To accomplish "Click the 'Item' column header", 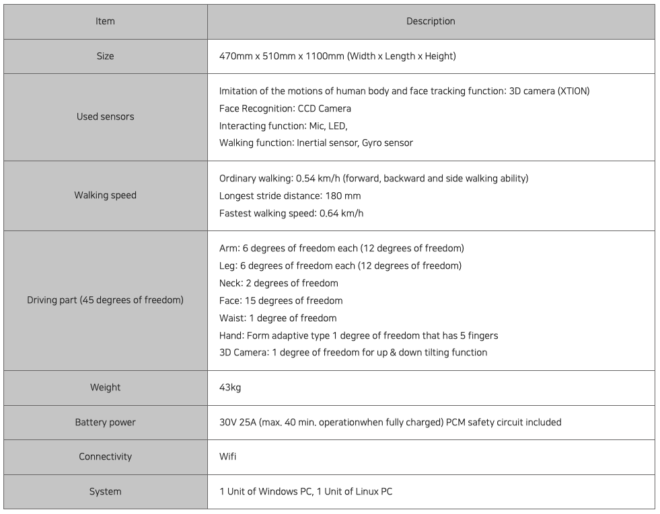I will (105, 22).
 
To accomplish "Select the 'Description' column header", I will (431, 22).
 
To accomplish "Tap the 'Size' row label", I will (105, 56).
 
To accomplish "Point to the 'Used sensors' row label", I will (105, 117).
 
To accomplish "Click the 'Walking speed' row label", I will (105, 196).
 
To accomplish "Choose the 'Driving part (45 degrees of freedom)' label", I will (105, 300).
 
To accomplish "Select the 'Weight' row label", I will (105, 388).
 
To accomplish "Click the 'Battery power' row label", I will (105, 423).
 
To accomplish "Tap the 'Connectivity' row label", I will (105, 457).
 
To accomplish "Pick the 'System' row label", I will (105, 491).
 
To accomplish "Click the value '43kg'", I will (230, 388).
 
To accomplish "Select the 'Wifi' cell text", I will (227, 457).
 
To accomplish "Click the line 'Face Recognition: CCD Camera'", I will (285, 108).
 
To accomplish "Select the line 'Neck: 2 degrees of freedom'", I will (279, 283).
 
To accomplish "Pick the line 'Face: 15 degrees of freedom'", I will (281, 300).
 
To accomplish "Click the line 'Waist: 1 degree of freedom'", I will (278, 318).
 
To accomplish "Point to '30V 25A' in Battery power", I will (240, 423).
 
